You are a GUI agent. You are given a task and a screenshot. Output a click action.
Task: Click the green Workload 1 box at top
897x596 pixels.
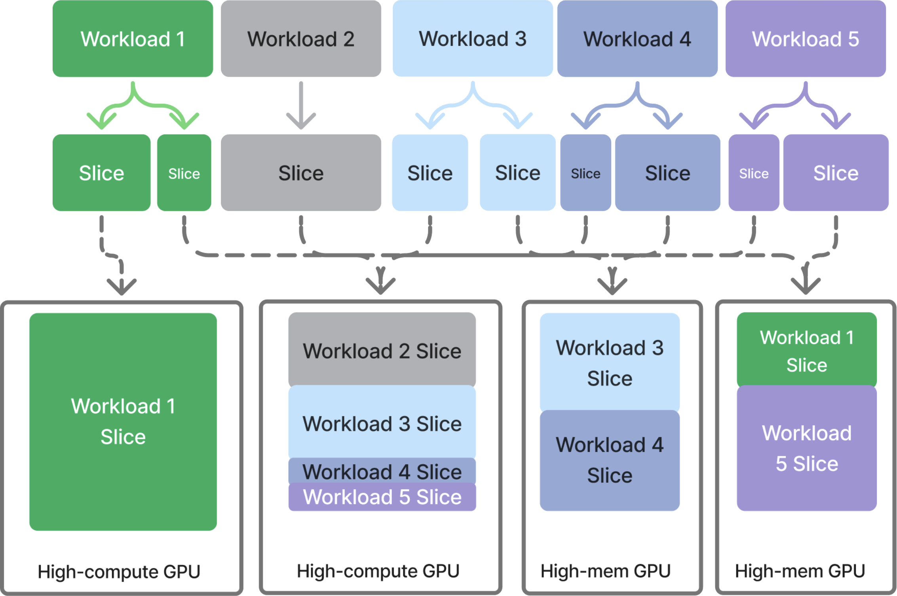coord(133,39)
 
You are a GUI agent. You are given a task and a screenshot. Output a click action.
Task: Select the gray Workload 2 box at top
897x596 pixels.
coord(301,39)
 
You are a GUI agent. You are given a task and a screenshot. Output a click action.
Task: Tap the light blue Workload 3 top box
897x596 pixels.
coord(473,39)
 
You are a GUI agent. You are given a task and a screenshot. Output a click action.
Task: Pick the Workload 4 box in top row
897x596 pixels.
coord(637,39)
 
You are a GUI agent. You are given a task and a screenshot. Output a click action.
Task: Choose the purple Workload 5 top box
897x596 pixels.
coord(806,39)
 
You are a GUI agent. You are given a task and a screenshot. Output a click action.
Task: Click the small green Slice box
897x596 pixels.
coord(184,173)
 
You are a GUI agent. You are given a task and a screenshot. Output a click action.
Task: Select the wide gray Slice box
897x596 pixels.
coord(301,173)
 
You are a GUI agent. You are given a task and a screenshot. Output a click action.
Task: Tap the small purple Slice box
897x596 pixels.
coord(754,173)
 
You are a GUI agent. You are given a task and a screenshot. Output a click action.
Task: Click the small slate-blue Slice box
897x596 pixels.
coord(585,173)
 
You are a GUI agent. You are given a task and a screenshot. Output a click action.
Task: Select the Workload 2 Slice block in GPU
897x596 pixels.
coord(382,350)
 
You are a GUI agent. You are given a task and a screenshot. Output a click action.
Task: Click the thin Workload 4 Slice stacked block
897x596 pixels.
coord(382,471)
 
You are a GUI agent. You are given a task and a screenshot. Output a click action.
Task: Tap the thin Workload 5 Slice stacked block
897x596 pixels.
coord(382,497)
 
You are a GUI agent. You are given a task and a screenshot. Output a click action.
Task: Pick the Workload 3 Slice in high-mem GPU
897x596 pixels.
coord(610,362)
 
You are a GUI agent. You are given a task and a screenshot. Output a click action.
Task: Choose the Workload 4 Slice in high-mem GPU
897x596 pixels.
coord(610,460)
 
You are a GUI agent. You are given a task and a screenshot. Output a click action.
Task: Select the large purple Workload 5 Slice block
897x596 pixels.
coord(806,448)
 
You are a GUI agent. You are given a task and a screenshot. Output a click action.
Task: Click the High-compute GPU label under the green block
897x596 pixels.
coord(119,571)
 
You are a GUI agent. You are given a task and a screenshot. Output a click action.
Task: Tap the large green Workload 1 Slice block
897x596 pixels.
coord(123,421)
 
